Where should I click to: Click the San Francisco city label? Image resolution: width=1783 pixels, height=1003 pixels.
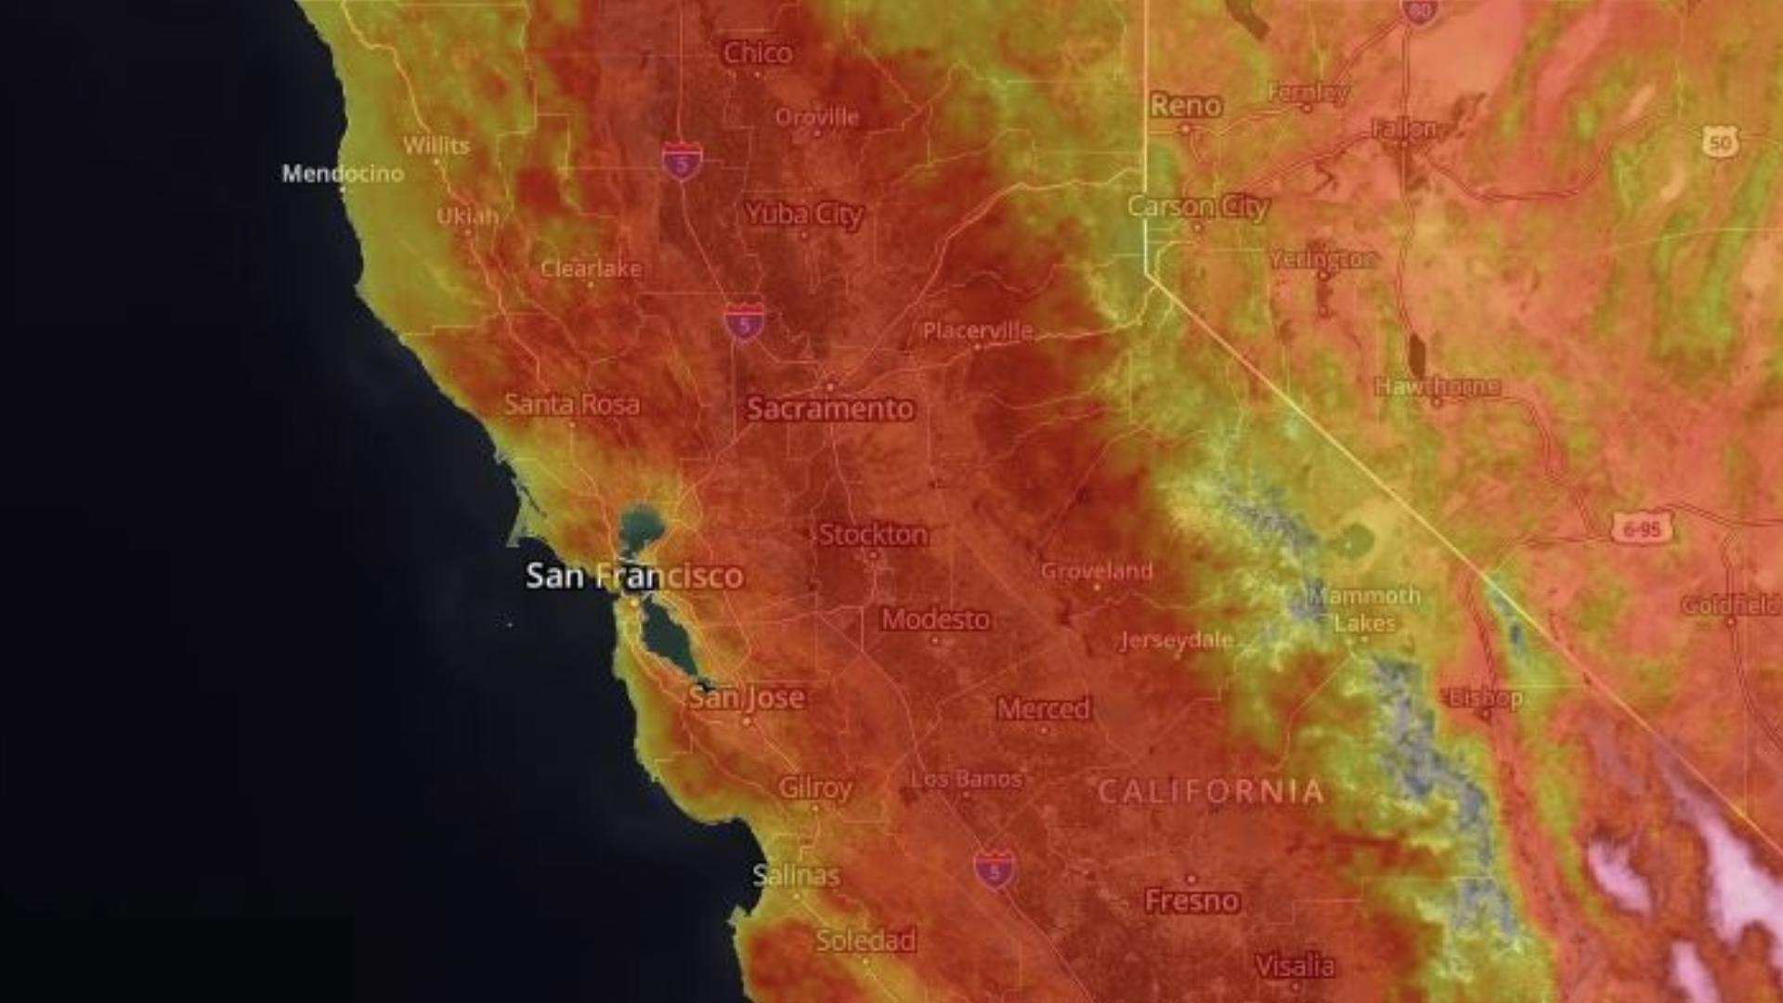(634, 576)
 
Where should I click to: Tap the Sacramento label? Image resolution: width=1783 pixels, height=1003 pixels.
(830, 409)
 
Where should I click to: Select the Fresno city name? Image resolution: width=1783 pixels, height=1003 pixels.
(1192, 900)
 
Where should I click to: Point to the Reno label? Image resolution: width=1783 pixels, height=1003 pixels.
(1186, 106)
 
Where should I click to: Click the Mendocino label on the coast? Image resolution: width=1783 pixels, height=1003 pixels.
(343, 174)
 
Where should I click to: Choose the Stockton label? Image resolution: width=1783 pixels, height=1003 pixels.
(873, 535)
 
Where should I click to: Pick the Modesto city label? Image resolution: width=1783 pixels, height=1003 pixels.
(936, 619)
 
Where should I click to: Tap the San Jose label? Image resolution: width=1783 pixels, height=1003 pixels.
(747, 697)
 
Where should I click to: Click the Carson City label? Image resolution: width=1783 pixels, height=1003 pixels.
(1198, 207)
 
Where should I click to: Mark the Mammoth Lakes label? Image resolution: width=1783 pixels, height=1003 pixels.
(1364, 609)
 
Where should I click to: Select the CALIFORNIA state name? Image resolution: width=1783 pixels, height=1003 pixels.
(1211, 792)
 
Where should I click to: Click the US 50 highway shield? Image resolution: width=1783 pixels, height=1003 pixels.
(1721, 143)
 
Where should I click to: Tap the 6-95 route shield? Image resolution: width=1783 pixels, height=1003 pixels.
(1641, 529)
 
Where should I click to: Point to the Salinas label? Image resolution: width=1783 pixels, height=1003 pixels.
(796, 876)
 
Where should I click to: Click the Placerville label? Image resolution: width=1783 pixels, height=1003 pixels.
(978, 331)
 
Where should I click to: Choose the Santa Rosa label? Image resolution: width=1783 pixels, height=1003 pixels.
(572, 405)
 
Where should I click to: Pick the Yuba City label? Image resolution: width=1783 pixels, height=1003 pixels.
(804, 215)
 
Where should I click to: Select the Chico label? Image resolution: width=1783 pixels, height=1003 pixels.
(758, 53)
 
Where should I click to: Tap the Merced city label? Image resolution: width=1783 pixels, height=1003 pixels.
(1044, 710)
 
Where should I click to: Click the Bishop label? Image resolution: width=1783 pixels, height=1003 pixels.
(1485, 698)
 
